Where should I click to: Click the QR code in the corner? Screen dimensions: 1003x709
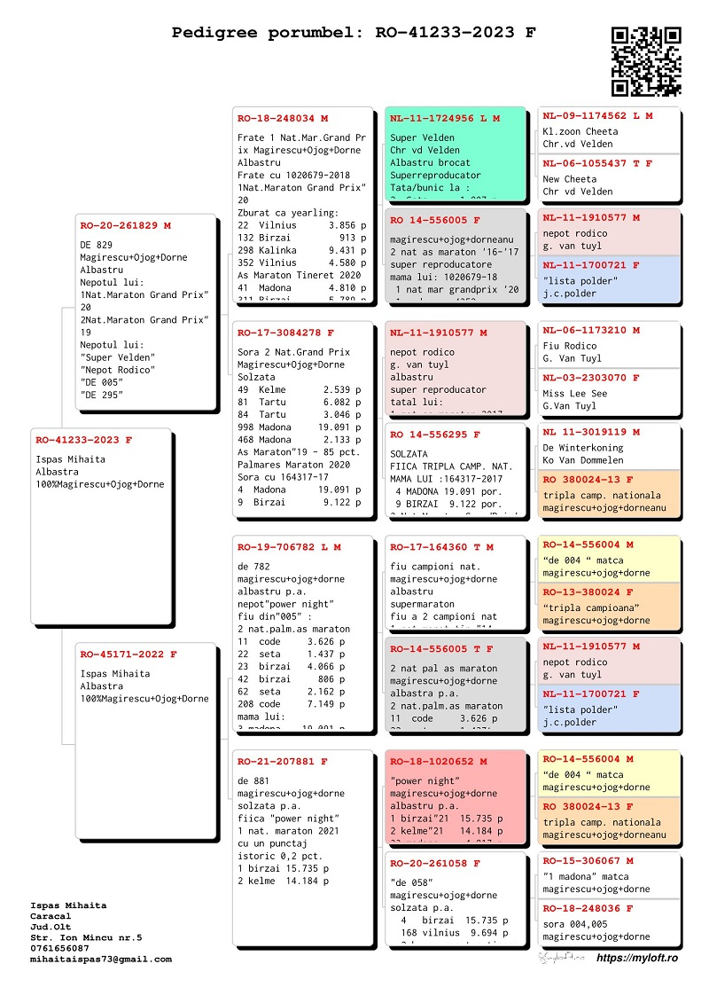pos(646,61)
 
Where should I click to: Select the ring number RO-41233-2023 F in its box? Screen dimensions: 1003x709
pos(84,440)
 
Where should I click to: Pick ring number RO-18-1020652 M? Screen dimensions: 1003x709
pos(439,761)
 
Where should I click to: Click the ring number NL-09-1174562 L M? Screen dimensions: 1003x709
pos(598,116)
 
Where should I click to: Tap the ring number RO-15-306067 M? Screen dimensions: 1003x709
pos(588,861)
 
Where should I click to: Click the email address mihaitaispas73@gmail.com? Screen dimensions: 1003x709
pos(101,959)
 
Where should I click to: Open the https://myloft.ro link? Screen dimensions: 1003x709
pos(637,958)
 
